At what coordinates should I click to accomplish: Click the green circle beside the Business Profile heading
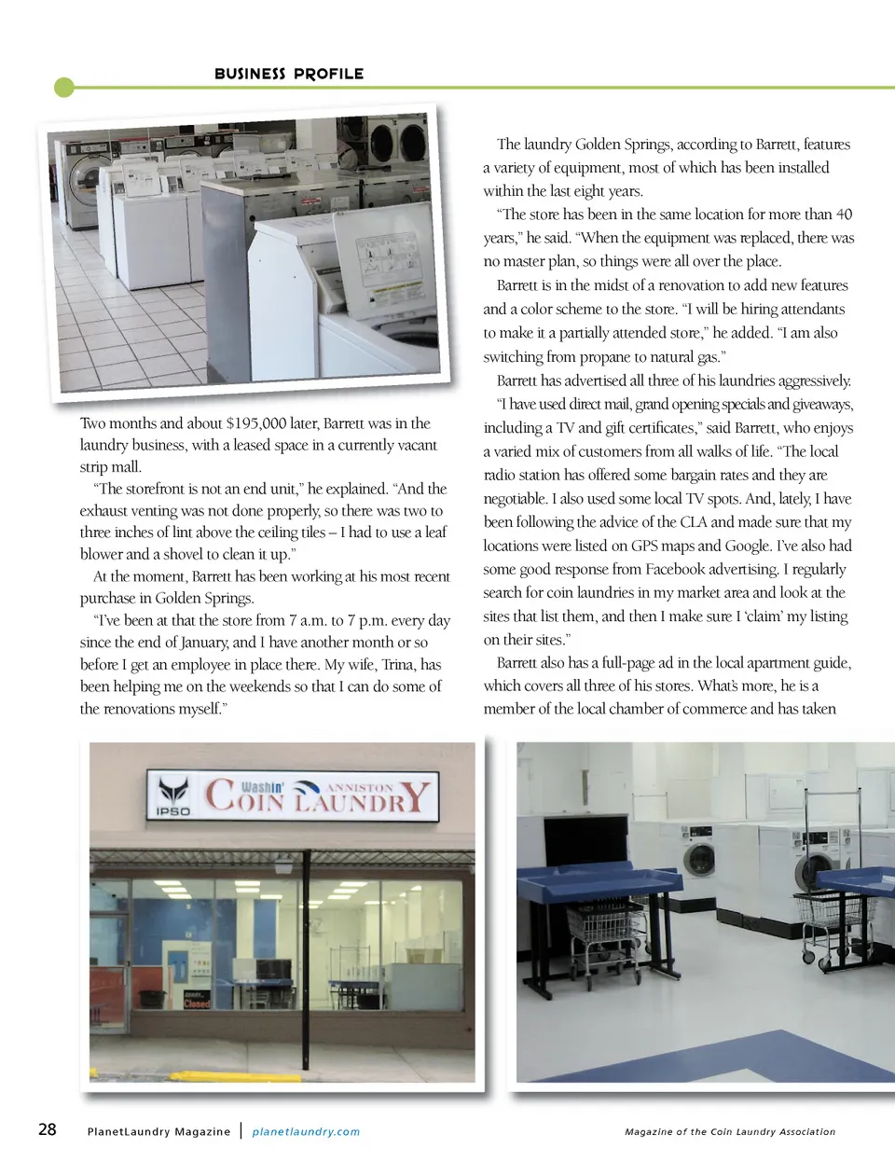(64, 88)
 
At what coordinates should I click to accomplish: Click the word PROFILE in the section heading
(328, 74)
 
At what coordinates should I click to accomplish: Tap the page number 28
(48, 1129)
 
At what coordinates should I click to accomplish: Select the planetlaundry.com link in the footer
(306, 1131)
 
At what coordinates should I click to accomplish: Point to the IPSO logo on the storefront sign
(172, 797)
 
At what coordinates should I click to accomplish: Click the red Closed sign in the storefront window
(197, 1003)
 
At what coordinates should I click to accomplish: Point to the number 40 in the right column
(844, 214)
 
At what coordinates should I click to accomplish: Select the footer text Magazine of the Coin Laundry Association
(730, 1131)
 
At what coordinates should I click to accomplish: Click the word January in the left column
(194, 643)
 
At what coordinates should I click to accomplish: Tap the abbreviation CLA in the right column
(694, 522)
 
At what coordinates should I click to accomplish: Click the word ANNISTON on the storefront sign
(360, 788)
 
